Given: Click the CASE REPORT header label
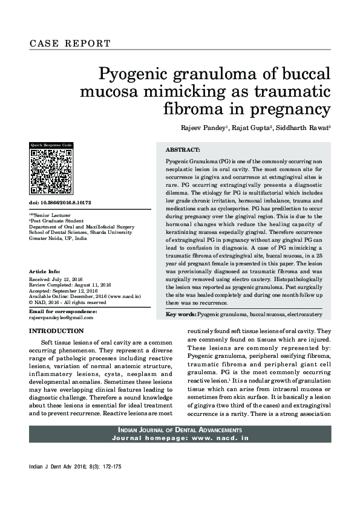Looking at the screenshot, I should click(70, 44).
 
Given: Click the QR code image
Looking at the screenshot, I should click(51, 168).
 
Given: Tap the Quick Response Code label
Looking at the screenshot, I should click(51, 145).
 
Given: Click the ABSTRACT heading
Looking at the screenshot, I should click(183, 149).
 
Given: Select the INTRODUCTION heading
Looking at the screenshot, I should click(56, 331).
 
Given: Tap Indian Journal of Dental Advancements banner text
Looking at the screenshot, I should click(180, 429).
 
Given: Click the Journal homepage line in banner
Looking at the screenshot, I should click(180, 437).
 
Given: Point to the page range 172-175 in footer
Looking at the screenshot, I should click(111, 467).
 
